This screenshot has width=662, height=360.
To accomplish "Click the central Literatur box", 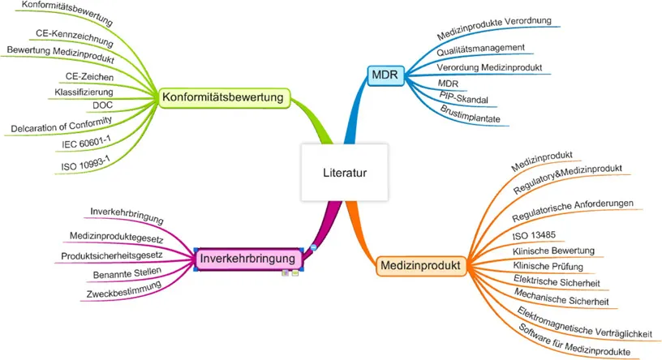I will tap(345, 171).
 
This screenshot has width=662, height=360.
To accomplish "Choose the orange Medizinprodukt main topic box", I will tap(419, 265).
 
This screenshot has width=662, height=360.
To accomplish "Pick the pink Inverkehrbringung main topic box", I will tap(248, 259).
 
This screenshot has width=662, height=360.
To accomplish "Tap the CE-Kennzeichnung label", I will tap(73, 34).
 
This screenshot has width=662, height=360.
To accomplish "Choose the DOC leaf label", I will tap(102, 105).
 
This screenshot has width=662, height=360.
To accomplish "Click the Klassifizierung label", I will tap(83, 92).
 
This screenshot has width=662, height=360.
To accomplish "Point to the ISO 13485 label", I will tap(532, 235).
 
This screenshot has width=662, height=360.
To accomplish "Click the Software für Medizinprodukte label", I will tap(573, 340).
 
